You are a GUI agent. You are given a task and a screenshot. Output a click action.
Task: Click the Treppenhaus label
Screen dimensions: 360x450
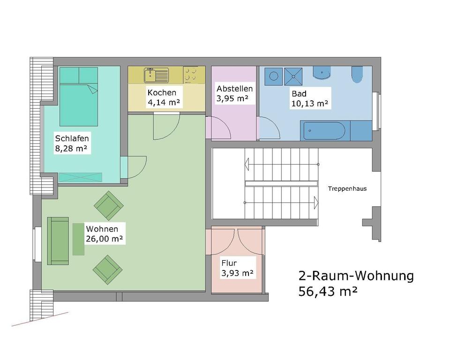[x=347, y=189]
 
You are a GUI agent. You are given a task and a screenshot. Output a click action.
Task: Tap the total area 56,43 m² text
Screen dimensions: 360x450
[x=328, y=292]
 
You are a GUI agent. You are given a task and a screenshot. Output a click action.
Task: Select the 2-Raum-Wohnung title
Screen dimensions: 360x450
[x=356, y=276]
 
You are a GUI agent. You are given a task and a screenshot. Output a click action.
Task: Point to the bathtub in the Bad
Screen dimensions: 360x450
[x=324, y=131]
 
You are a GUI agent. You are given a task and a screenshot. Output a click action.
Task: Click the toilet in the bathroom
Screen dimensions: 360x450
[x=357, y=75]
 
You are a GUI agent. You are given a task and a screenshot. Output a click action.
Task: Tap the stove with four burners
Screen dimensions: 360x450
[x=192, y=74]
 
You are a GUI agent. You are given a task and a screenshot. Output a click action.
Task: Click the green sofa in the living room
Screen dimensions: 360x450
[x=58, y=240]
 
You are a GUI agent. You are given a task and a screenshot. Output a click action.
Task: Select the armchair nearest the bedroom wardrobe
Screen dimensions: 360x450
[x=109, y=205]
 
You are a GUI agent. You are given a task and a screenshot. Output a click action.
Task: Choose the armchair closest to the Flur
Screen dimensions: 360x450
[x=107, y=269]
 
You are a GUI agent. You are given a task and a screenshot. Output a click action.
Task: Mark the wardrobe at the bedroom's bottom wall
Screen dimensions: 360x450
[x=80, y=177]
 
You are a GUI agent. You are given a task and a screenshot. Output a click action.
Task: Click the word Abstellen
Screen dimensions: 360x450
[x=234, y=89]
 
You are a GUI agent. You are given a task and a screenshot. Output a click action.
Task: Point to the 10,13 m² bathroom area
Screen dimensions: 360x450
[x=309, y=103]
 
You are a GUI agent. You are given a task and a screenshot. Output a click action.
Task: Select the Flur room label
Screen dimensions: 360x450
[x=229, y=263]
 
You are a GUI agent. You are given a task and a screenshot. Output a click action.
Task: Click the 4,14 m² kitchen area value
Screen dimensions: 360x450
[x=164, y=103]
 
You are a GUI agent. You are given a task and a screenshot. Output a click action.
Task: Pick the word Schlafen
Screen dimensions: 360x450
[x=72, y=139]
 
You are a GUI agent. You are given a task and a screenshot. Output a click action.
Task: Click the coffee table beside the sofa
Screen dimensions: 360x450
[x=78, y=239]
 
